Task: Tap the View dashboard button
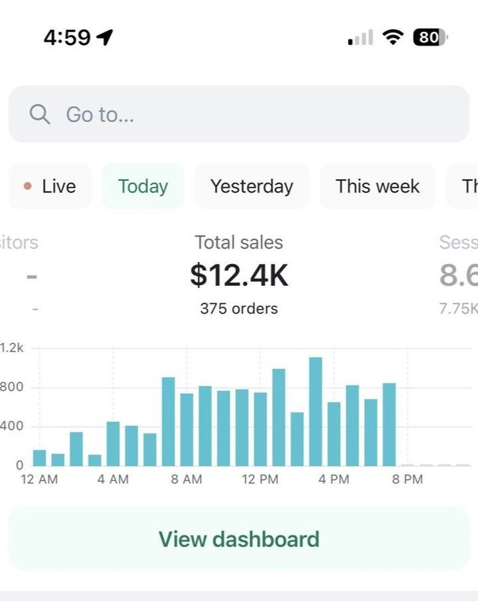point(239,539)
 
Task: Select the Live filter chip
point(50,186)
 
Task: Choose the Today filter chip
point(143,186)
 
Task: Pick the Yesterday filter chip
point(252,186)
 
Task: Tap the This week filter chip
point(377,186)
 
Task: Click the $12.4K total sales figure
point(239,276)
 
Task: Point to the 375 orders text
point(239,308)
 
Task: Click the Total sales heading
point(239,243)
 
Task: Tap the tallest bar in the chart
point(315,411)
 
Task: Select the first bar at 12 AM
point(40,457)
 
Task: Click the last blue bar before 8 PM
point(389,424)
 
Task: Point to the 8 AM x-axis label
point(187,479)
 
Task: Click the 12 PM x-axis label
point(260,479)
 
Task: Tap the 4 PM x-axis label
point(333,479)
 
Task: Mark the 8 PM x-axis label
point(407,479)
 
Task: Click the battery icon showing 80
point(430,38)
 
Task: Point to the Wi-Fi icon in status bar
point(394,38)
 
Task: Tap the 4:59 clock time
point(67,38)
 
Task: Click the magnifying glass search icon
point(40,114)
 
